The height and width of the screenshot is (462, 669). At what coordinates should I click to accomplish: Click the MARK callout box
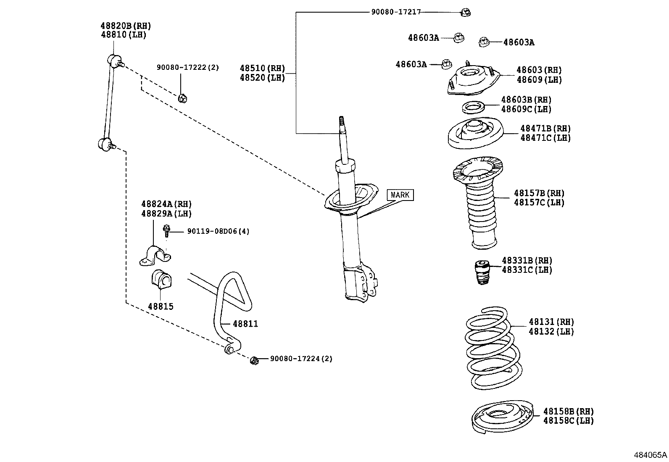pos(400,195)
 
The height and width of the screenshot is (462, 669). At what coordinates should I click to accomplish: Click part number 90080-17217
pos(395,13)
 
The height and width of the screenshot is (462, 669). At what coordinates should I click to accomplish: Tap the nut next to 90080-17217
pos(465,12)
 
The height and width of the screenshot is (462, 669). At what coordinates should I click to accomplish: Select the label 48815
pos(161,306)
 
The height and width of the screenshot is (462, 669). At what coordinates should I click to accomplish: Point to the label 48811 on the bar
pos(245,324)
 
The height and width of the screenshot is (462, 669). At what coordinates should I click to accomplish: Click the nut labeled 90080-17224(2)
pos(254,361)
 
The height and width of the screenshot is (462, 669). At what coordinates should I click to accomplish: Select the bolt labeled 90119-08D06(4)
pos(167,230)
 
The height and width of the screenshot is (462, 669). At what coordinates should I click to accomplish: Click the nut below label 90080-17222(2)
pos(182,98)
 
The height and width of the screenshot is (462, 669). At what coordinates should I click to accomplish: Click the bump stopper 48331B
pos(482,272)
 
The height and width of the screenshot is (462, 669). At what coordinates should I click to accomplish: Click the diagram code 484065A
pos(650,455)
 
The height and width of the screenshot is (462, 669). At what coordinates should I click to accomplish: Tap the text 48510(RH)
pos(262,68)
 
